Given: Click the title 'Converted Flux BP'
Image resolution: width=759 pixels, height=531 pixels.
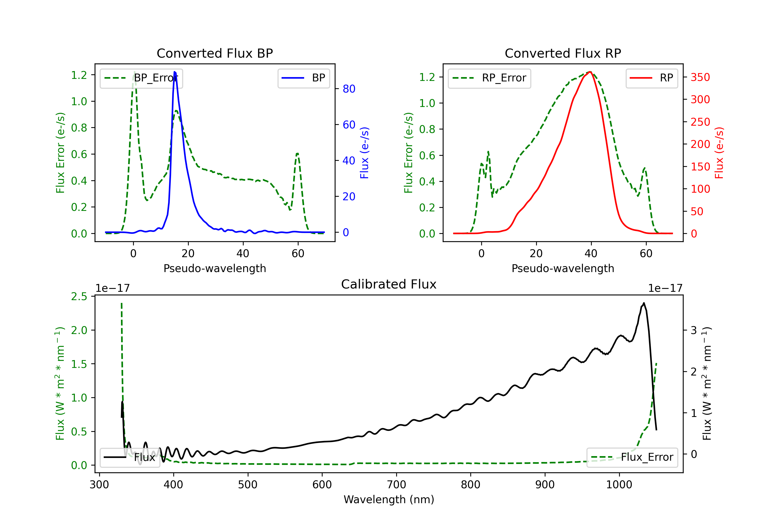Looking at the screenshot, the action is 215,53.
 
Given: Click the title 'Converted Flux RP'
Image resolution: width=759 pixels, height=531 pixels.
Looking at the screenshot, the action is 563,53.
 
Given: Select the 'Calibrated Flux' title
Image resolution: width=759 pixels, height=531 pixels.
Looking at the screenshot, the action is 389,284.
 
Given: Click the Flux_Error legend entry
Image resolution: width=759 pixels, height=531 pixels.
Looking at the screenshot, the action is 632,457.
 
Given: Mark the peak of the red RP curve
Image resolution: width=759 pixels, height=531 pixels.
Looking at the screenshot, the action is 590,72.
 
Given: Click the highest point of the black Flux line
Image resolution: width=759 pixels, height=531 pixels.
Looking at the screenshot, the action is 644,303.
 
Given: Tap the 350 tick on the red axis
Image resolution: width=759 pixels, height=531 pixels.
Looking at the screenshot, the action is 700,77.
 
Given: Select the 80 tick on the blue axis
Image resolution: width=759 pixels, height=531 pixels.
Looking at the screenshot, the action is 349,89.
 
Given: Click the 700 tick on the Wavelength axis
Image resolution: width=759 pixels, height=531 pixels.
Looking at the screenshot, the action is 396,485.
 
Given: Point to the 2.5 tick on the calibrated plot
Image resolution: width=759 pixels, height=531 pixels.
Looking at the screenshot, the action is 79,297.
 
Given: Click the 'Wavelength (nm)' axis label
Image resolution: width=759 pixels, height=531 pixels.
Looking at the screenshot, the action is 389,500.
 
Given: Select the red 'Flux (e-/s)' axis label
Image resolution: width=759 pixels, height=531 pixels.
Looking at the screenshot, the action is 719,153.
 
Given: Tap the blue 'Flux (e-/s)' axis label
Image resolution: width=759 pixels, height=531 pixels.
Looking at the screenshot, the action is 364,153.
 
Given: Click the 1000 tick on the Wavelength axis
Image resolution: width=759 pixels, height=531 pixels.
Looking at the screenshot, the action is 619,485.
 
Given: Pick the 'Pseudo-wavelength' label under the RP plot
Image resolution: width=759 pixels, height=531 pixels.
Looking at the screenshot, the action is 563,268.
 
